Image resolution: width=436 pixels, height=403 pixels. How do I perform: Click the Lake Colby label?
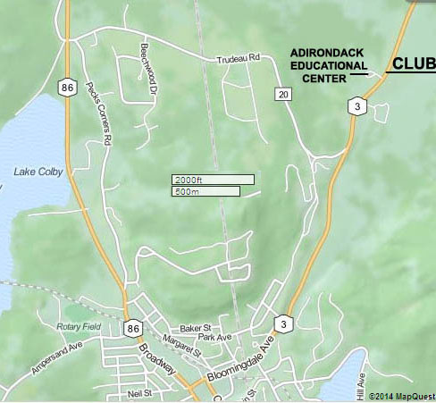[39, 172]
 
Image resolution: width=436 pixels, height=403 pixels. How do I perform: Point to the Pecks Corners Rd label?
[100, 116]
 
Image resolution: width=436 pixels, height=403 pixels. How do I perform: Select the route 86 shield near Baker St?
[133, 329]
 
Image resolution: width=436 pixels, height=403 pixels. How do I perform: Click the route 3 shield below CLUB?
[356, 106]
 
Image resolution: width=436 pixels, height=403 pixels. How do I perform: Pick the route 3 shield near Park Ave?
[283, 323]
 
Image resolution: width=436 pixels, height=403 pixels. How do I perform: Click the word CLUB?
[414, 64]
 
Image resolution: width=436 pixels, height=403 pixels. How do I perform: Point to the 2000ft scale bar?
[213, 180]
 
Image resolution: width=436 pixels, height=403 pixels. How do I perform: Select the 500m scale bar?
[205, 191]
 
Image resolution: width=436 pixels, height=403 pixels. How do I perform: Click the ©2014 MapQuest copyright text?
[393, 394]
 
